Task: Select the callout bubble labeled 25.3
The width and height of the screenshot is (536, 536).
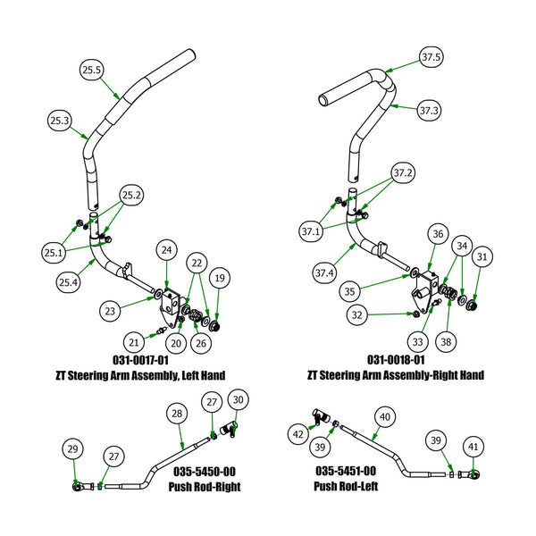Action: click(x=62, y=121)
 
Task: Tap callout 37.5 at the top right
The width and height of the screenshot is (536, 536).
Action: click(x=431, y=57)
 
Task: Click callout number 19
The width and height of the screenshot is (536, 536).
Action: click(x=221, y=277)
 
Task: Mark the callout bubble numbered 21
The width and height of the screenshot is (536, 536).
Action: click(x=132, y=342)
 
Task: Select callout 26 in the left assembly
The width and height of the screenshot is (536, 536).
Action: click(x=202, y=342)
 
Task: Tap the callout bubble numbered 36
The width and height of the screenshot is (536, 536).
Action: click(x=437, y=234)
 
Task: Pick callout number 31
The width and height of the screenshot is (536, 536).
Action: click(x=482, y=257)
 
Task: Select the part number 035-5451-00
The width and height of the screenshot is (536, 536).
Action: click(x=344, y=471)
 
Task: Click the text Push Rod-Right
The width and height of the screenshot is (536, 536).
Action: click(x=204, y=487)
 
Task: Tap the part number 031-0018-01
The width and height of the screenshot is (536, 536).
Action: click(x=394, y=360)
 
